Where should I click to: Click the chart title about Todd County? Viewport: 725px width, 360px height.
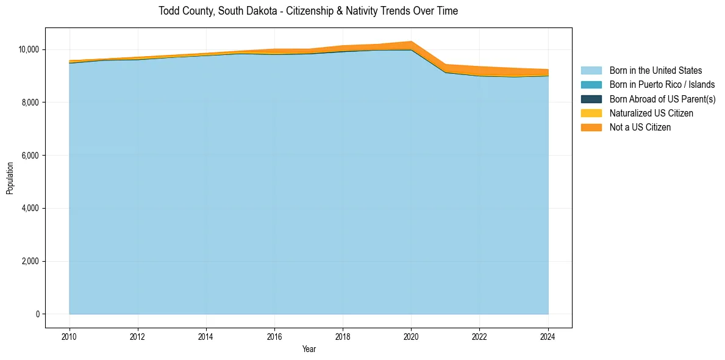[x=308, y=11]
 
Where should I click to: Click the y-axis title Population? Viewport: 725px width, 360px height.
[x=10, y=178]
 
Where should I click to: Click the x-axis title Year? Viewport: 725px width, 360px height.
[x=309, y=349]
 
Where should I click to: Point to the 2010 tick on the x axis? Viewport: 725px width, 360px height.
[x=70, y=336]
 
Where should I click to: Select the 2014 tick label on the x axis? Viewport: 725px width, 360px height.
[x=206, y=336]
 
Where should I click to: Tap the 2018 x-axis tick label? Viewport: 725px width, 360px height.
[x=343, y=336]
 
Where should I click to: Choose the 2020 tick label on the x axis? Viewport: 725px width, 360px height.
[x=411, y=336]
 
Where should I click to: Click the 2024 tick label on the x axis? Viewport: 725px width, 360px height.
[x=548, y=336]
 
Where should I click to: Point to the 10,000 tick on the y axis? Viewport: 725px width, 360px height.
[x=29, y=49]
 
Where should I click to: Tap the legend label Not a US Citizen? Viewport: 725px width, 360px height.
[x=640, y=127]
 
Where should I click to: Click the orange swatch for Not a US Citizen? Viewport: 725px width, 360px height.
[x=591, y=127]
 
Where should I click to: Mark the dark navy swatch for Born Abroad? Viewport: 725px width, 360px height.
[x=591, y=99]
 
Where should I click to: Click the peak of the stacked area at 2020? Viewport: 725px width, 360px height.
[x=411, y=41]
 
